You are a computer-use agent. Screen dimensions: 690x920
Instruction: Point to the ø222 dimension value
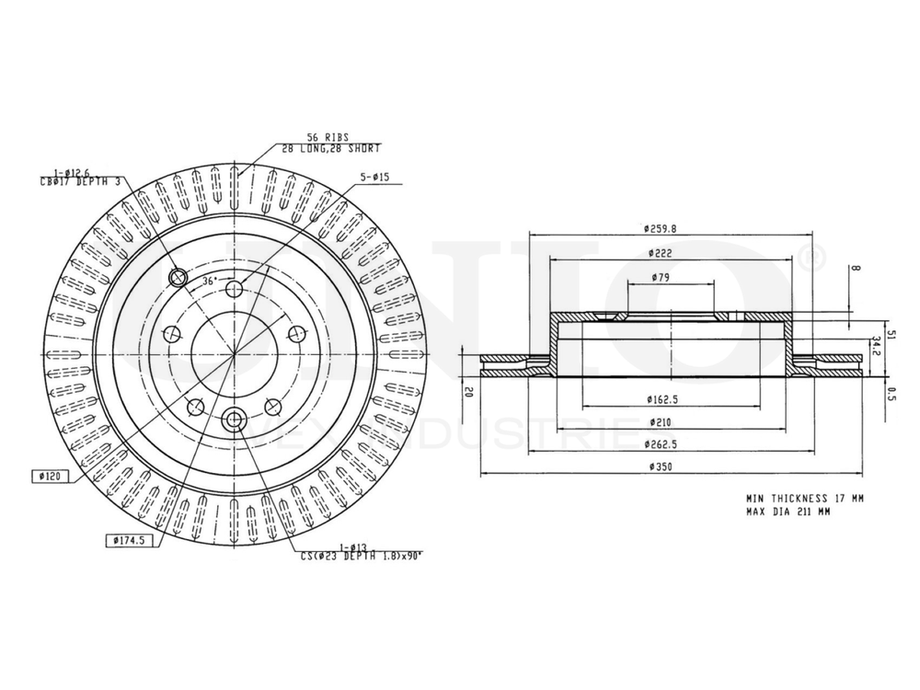659,253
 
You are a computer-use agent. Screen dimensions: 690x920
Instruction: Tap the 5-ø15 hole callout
376,177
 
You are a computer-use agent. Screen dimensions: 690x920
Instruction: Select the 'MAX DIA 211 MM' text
788,510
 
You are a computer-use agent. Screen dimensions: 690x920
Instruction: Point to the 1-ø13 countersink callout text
347,546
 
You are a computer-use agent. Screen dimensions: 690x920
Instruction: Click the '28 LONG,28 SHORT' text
331,147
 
